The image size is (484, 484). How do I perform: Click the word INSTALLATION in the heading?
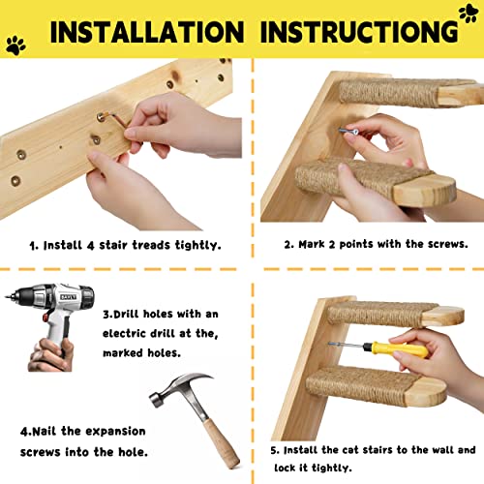pyautogui.click(x=147, y=32)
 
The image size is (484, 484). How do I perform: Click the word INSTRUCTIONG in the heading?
pyautogui.click(x=359, y=32)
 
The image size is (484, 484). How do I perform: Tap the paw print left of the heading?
pyautogui.click(x=15, y=45)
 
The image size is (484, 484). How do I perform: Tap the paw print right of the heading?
pyautogui.click(x=469, y=13)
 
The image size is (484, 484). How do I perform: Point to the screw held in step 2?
pyautogui.click(x=348, y=131)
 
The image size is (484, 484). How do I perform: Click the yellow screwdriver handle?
pyautogui.click(x=396, y=349)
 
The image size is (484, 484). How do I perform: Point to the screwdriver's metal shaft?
pyautogui.click(x=347, y=346)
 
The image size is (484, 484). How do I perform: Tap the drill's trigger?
pyautogui.click(x=45, y=318)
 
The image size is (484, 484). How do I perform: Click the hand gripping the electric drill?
pyautogui.click(x=50, y=355)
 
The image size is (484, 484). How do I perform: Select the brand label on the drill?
pyautogui.click(x=69, y=297)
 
